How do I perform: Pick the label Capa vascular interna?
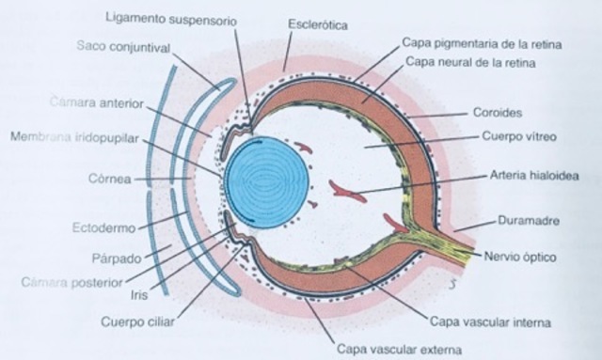point(487,321)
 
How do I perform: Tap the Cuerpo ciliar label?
point(139,321)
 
